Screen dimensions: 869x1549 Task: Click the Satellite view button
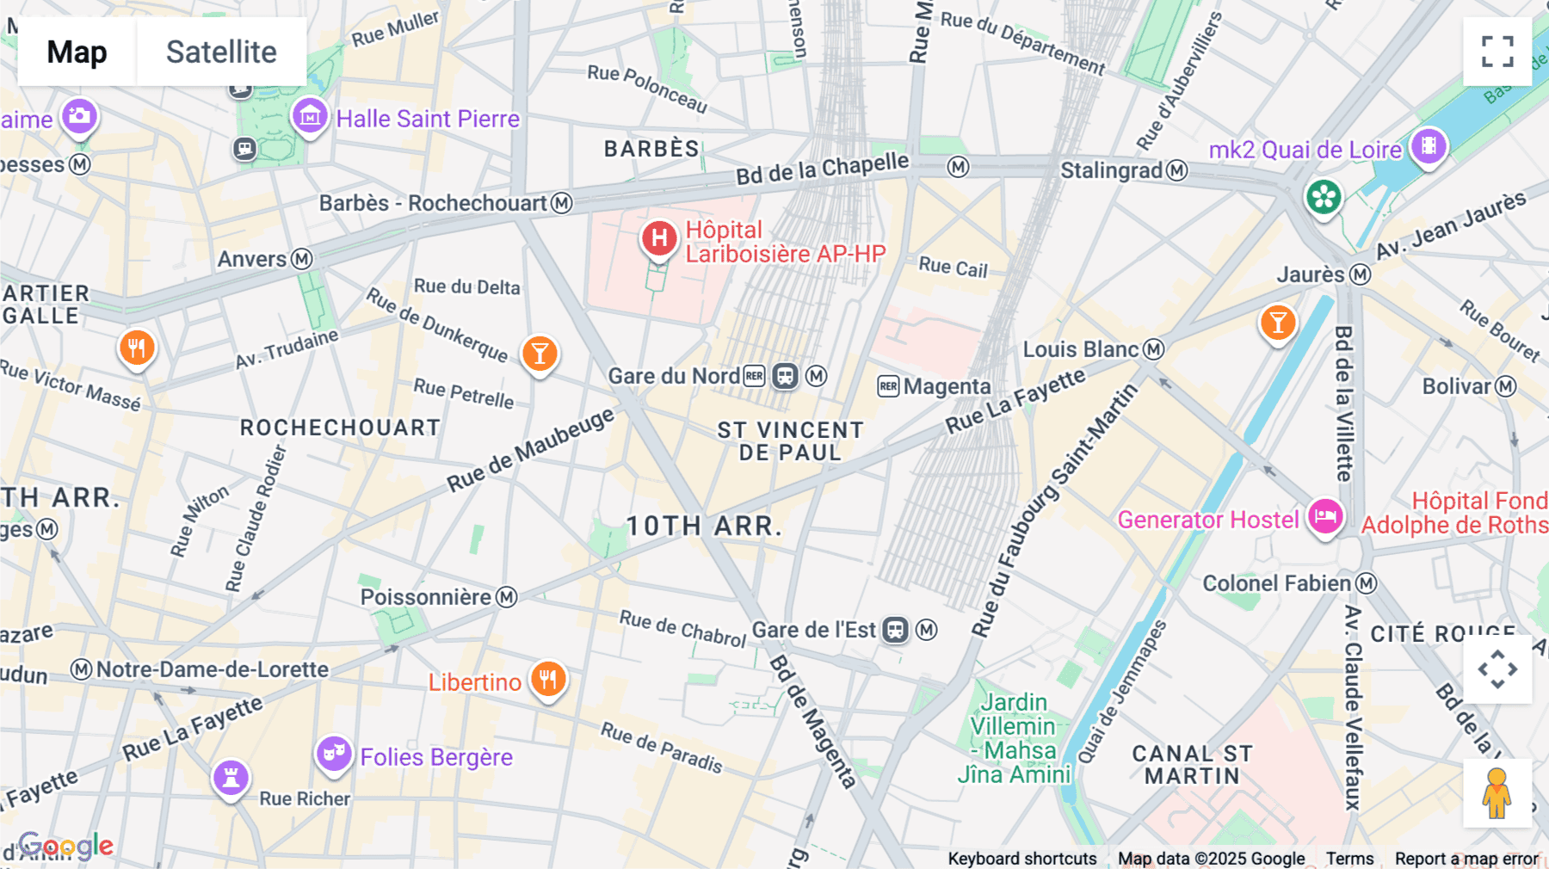(221, 52)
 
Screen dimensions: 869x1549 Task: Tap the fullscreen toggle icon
(1497, 52)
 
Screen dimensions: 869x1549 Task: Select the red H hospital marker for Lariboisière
(659, 238)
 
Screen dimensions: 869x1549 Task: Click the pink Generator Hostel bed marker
(1325, 517)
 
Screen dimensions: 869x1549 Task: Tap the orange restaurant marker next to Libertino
(548, 680)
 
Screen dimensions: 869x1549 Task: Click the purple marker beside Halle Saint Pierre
(310, 115)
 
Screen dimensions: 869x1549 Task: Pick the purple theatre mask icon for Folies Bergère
(333, 754)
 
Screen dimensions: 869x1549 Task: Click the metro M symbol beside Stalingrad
(1177, 170)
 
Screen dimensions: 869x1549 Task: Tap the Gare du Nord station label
(673, 376)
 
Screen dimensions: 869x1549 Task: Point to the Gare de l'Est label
(813, 630)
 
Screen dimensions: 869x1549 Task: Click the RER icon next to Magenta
(888, 386)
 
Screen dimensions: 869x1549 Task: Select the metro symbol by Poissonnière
(507, 597)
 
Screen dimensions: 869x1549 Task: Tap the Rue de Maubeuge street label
(530, 449)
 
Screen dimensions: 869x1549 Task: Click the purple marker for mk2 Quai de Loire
(1429, 146)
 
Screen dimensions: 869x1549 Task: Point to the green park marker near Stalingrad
(1324, 197)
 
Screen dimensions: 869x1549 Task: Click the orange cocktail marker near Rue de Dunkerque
(540, 354)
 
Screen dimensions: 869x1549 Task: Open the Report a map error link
(1466, 859)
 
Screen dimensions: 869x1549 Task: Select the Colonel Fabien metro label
(1276, 583)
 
